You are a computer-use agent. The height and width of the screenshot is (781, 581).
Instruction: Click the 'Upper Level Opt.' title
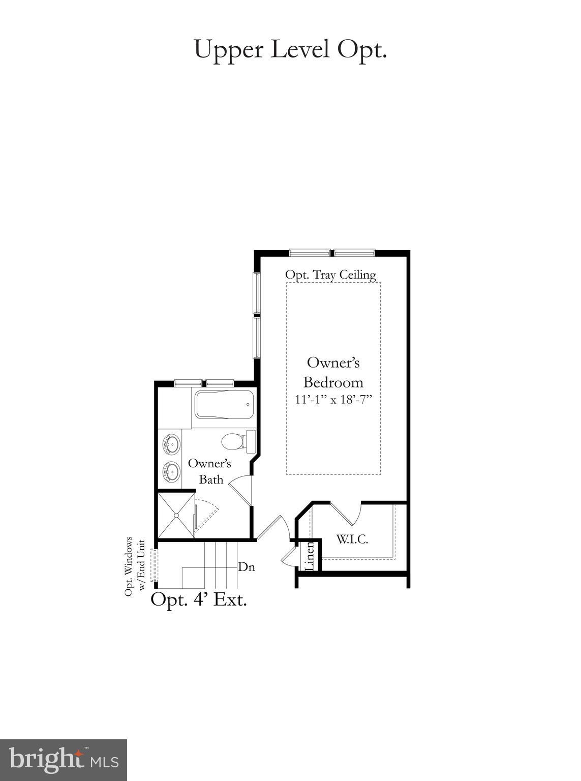coord(290,50)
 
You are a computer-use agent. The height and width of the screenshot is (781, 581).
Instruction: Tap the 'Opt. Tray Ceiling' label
coord(330,275)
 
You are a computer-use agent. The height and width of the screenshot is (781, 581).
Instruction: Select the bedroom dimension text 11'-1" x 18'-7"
coord(334,400)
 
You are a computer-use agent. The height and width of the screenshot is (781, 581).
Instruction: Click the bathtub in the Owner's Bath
coord(224,405)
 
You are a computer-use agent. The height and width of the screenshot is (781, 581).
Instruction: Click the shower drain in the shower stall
coord(176,515)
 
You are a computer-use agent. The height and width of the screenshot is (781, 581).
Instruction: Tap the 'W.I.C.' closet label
coord(352,539)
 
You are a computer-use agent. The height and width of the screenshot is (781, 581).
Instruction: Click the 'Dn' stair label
coord(247,566)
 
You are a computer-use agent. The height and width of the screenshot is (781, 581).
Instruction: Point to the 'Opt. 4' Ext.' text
coord(199,599)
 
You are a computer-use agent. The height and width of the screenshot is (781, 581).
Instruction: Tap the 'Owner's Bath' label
coord(210,471)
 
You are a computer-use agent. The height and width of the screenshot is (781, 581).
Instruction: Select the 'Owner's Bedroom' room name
coord(333,372)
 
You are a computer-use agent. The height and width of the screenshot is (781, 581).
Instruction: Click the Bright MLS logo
coord(64,760)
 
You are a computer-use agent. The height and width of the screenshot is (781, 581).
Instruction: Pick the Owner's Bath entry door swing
coord(241,489)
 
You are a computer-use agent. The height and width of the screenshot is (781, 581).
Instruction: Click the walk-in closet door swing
coord(347,514)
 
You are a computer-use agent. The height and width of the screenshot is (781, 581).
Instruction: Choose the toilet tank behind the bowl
coord(250,441)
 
